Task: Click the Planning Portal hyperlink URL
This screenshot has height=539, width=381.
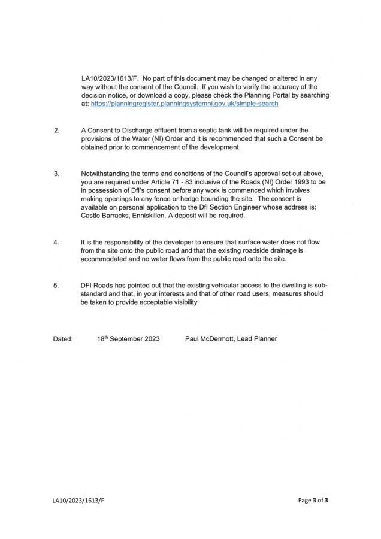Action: click(x=185, y=104)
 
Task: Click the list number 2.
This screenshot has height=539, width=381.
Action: click(x=56, y=130)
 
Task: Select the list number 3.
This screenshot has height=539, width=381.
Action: click(x=56, y=174)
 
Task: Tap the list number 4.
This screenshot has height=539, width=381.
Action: click(x=56, y=242)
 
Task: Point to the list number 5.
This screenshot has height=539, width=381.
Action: click(x=56, y=286)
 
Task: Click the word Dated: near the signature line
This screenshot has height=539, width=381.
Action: click(x=63, y=339)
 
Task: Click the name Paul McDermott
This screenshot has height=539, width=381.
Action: click(x=211, y=339)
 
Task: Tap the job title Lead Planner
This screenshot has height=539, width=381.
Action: click(x=259, y=339)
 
